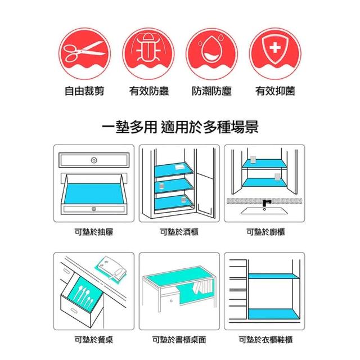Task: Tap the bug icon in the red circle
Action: coord(148,47)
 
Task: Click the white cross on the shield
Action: coord(275,48)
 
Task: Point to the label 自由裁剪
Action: coord(84,91)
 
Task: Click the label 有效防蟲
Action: coord(148,91)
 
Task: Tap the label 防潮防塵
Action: coord(211,91)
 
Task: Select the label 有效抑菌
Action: coord(275,91)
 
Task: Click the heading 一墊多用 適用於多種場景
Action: coord(180,127)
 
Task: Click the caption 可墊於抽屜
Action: coord(94,232)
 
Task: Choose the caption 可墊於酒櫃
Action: coord(179,232)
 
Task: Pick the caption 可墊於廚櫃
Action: coord(265,232)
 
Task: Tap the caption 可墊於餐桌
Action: coord(94,340)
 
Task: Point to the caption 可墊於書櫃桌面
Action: coord(179,340)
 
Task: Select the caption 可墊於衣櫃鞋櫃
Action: coord(265,340)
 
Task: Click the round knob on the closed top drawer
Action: coord(94,160)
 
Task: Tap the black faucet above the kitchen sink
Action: coord(266,203)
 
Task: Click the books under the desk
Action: coord(203,287)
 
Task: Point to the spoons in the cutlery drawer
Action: coord(84,295)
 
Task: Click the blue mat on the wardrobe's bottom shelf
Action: coord(274,314)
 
